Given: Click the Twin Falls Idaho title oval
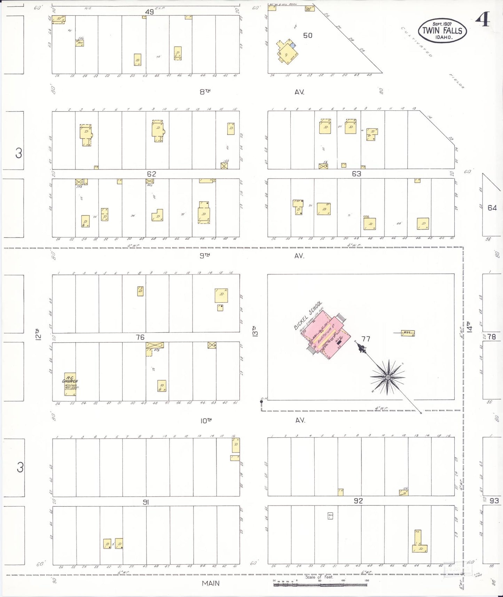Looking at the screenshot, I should pos(442,30).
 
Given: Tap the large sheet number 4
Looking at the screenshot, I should pos(483,19).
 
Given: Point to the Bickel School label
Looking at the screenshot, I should pos(308,315).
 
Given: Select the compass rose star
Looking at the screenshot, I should pos(387,377).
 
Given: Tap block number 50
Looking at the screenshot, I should pos(308,35).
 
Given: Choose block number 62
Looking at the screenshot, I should pos(151,174).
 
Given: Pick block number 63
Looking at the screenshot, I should pos(356,174).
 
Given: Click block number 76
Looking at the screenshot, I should pos(140,337).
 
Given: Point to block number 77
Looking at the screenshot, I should pos(366,339).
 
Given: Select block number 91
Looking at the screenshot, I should pos(146,502).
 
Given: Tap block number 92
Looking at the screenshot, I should pos(358,501).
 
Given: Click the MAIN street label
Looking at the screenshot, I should pos(211,583).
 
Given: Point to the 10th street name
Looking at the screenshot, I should pos(206,421).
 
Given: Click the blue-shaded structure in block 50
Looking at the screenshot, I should pos(293,45).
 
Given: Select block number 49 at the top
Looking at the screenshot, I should pos(149,12).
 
